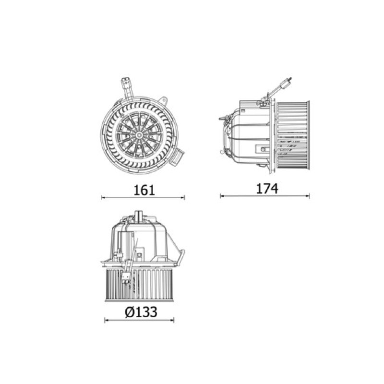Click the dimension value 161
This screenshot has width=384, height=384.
click(144, 190)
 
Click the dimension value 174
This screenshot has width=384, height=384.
click(267, 189)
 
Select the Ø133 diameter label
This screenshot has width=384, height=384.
click(141, 312)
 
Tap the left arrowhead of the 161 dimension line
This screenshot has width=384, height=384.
click(103, 197)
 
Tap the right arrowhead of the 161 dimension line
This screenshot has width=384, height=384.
click(183, 197)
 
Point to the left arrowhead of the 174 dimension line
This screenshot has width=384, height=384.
click(222, 196)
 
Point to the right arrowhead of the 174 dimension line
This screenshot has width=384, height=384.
click(308, 196)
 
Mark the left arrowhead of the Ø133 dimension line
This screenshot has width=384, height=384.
click(107, 320)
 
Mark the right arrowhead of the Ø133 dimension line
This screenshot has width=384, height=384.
click(172, 320)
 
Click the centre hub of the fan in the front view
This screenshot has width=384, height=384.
click(139, 134)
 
